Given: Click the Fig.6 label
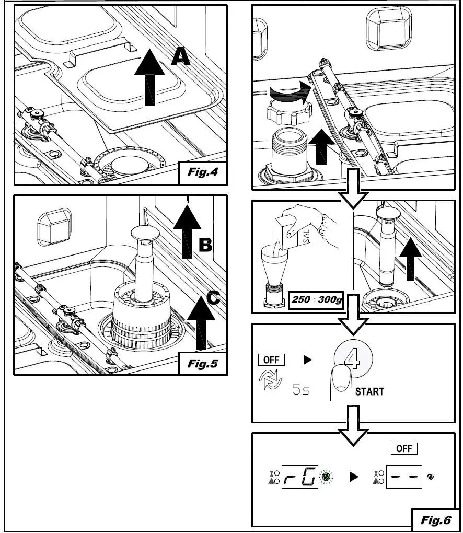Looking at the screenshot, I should pyautogui.click(x=434, y=519).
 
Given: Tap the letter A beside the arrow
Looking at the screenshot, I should pyautogui.click(x=180, y=57).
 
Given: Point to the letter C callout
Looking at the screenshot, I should pyautogui.click(x=213, y=298).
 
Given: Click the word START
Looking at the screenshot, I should pyautogui.click(x=369, y=391).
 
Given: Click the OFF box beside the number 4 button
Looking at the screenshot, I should pyautogui.click(x=271, y=360).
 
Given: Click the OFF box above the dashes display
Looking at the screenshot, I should pyautogui.click(x=404, y=448).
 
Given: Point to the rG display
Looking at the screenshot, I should pyautogui.click(x=299, y=476).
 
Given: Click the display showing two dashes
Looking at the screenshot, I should pyautogui.click(x=404, y=476).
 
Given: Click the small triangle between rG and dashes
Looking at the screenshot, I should pyautogui.click(x=354, y=477).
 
